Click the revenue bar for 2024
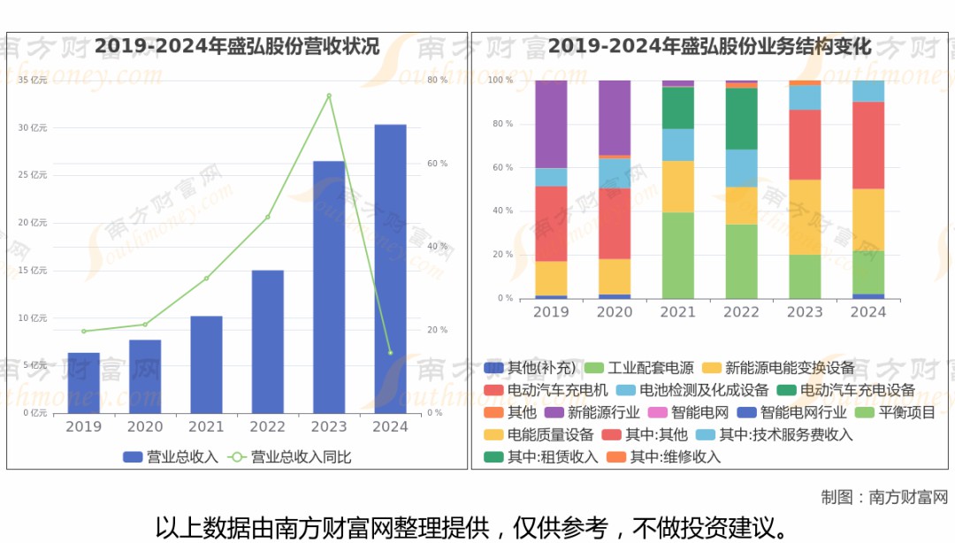coord(390,269)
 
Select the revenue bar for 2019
coord(84,383)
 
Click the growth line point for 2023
coord(329,96)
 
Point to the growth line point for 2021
coord(206,279)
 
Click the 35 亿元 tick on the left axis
coord(33,80)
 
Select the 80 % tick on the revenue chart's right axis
coord(437,80)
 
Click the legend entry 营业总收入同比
coord(290,457)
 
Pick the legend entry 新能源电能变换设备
coord(780,368)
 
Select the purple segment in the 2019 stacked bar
coord(551,124)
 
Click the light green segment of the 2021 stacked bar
coord(678,255)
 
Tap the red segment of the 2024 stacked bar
coord(868,145)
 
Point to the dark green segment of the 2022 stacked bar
coord(742,119)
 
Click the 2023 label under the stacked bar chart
coord(805,312)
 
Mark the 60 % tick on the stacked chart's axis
coord(501,167)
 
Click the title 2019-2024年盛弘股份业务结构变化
coord(710,47)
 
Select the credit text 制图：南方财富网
coord(884,497)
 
